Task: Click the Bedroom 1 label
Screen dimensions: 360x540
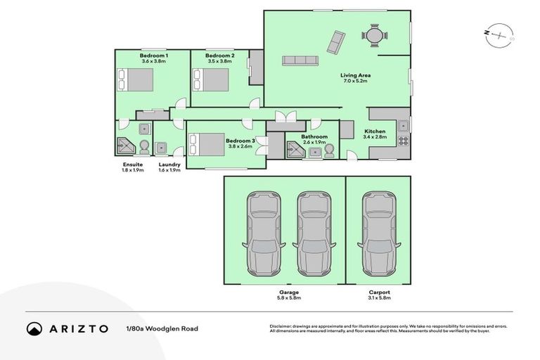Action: pos(153,55)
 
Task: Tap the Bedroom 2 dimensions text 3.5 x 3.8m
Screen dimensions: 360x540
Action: pos(219,61)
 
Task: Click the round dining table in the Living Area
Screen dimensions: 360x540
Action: pos(373,34)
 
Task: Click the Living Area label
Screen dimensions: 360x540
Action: pos(356,75)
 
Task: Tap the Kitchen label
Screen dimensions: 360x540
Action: pos(375,131)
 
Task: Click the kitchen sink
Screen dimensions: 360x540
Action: pos(404,127)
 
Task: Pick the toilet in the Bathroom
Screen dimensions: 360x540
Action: pos(328,150)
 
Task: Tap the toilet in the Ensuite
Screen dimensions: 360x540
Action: pos(144,146)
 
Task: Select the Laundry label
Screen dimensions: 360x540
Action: pos(169,165)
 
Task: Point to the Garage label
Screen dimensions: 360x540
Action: pos(289,292)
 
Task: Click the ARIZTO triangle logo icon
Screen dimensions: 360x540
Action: pos(34,328)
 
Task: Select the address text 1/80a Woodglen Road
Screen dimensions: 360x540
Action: pos(162,328)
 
